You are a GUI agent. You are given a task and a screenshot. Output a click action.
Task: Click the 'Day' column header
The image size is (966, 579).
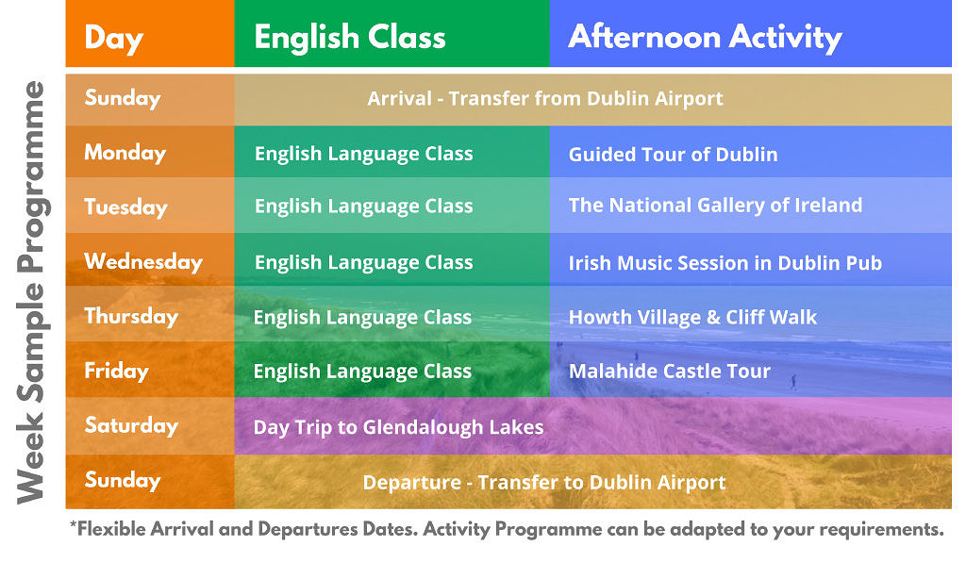coord(114,39)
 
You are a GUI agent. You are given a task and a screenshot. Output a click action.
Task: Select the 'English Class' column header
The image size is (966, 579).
coord(350,37)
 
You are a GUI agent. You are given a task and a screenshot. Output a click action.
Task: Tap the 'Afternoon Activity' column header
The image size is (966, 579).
coord(705,38)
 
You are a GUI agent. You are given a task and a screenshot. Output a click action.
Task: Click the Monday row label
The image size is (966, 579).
coord(125,153)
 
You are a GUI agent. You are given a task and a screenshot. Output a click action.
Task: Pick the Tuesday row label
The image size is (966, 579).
coord(125,207)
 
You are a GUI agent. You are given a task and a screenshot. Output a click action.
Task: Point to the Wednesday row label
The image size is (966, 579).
coord(143,262)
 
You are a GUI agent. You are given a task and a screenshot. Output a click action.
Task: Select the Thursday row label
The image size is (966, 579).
coord(131,316)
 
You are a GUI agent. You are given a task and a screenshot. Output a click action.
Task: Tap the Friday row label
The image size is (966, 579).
coord(116,371)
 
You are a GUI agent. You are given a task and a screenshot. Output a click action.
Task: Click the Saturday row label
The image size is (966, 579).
coord(131,425)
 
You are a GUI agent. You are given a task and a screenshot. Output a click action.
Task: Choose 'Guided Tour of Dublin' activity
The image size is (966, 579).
coord(673,154)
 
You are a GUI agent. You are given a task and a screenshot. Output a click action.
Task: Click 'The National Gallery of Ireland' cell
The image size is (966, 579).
coord(715,206)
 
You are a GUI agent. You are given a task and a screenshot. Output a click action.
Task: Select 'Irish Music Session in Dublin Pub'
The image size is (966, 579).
coord(725,263)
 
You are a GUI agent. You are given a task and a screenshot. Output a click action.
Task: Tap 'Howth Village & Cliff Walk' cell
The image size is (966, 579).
coord(692,317)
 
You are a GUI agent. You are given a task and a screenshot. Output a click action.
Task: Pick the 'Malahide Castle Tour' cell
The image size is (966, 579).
coord(670,372)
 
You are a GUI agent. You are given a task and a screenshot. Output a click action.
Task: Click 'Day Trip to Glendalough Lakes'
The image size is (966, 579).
coord(399,427)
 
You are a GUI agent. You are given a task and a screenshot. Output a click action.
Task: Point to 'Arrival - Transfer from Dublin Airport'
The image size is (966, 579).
coord(545,99)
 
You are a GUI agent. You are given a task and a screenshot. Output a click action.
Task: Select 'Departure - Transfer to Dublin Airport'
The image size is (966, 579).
coord(544,482)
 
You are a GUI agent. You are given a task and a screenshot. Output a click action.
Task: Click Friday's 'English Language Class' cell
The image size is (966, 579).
coord(362,372)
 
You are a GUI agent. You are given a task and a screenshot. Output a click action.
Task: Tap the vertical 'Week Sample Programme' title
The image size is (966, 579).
coord(31,292)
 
